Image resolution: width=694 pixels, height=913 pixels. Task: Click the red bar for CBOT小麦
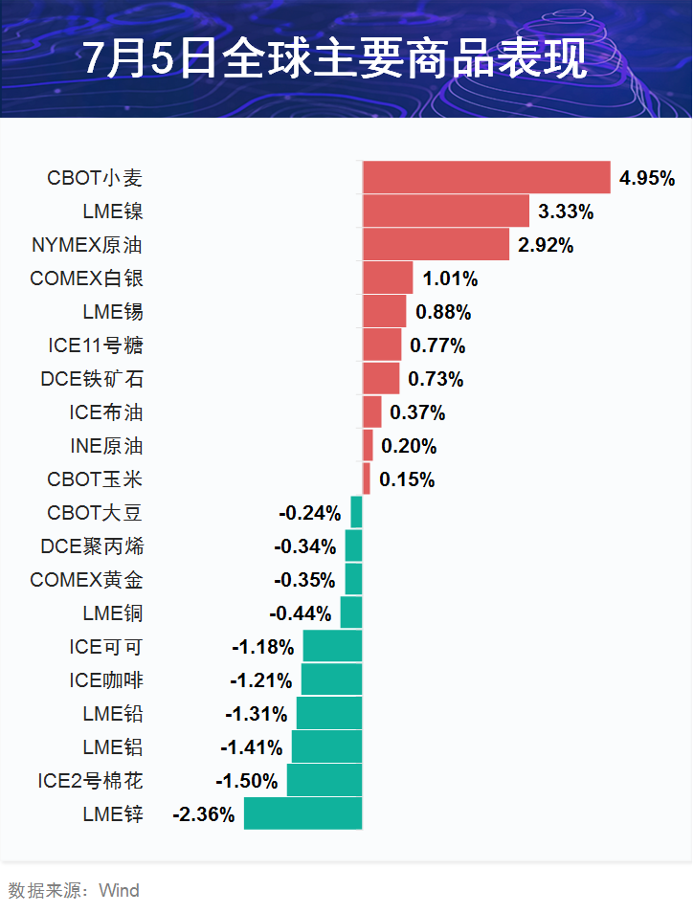pyautogui.click(x=486, y=178)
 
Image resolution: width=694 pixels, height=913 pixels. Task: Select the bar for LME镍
pyautogui.click(x=445, y=212)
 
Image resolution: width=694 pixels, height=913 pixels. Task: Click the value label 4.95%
pyautogui.click(x=647, y=178)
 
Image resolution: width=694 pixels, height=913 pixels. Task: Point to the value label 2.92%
pyautogui.click(x=546, y=245)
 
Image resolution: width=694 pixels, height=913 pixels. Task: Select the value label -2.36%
pyautogui.click(x=203, y=814)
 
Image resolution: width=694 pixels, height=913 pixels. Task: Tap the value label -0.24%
pyautogui.click(x=309, y=513)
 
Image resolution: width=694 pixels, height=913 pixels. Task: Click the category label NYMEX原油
pyautogui.click(x=86, y=245)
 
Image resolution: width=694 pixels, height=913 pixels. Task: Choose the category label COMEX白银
pyautogui.click(x=86, y=278)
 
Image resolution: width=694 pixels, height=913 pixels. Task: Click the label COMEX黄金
pyautogui.click(x=86, y=580)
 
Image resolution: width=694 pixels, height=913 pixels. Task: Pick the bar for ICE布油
pyautogui.click(x=371, y=412)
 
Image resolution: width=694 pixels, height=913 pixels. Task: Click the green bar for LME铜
pyautogui.click(x=351, y=613)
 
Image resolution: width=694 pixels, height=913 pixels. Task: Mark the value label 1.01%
pyautogui.click(x=450, y=278)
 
